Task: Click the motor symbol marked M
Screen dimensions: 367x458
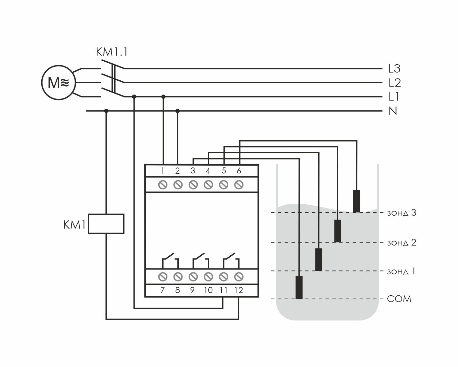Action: click(x=58, y=83)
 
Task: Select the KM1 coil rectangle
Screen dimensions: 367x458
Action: click(x=106, y=223)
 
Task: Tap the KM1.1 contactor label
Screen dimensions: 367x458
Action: click(x=111, y=52)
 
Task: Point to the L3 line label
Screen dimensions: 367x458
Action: click(x=394, y=69)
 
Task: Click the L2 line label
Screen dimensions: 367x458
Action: click(x=394, y=83)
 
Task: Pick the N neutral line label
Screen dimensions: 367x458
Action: click(x=393, y=111)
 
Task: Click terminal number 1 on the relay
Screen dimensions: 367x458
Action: click(x=163, y=171)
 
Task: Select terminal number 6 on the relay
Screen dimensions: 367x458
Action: click(x=239, y=171)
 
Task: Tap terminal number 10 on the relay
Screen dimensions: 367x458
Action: click(x=208, y=290)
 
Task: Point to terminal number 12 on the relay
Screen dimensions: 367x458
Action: click(x=238, y=290)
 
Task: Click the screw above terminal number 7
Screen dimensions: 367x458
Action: click(x=163, y=277)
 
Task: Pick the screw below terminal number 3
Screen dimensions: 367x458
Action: click(x=193, y=185)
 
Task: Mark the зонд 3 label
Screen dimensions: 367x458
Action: click(x=402, y=213)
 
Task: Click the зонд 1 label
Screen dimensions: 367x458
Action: click(x=401, y=271)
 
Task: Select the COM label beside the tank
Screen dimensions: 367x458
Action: click(x=399, y=299)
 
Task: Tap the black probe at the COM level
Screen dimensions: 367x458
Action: click(x=299, y=287)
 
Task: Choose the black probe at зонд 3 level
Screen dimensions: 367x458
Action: click(x=356, y=201)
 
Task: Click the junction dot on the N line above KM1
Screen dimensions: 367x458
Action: click(x=106, y=111)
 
